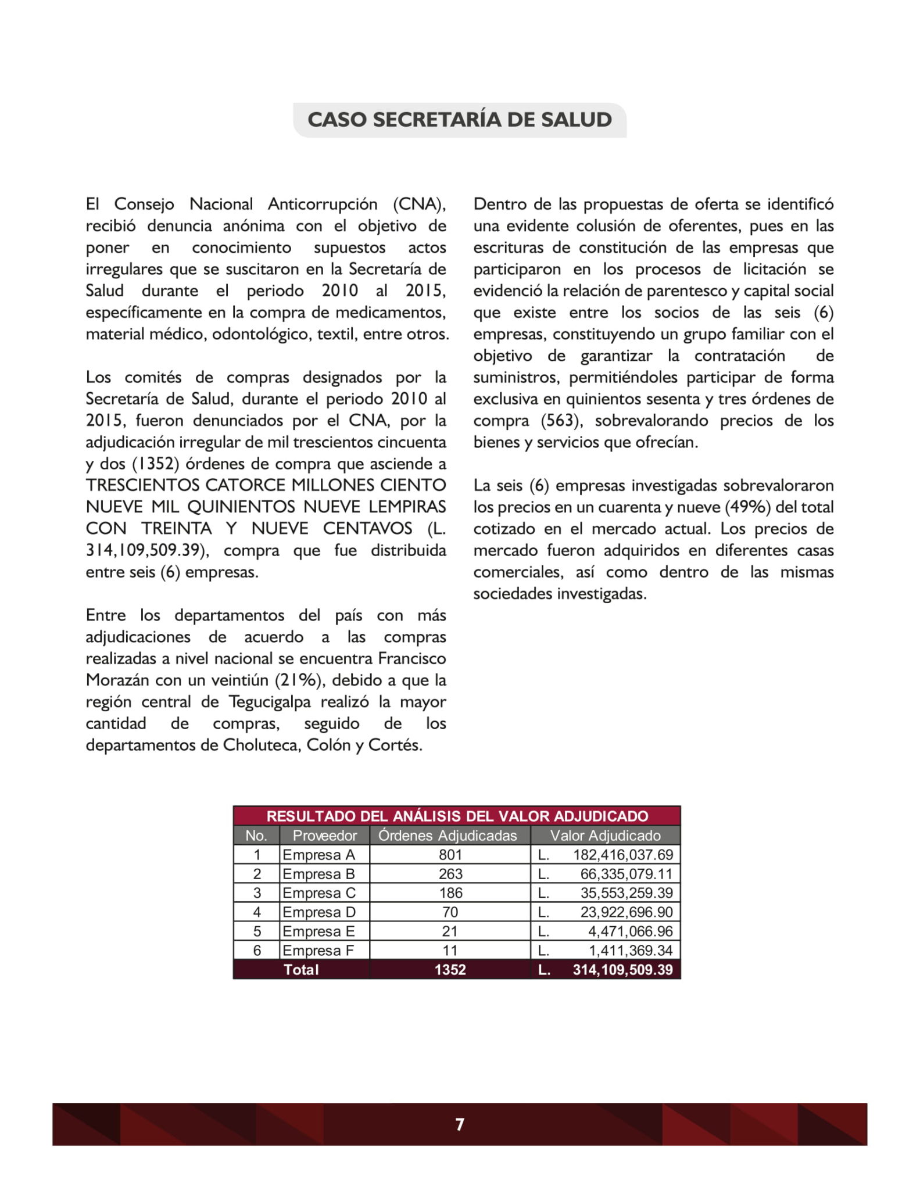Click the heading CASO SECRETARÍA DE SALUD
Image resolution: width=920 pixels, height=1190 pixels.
coord(459,120)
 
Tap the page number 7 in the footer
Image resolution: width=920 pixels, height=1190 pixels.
coord(460,1124)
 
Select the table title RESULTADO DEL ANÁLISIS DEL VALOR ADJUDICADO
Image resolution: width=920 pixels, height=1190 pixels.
coord(457,816)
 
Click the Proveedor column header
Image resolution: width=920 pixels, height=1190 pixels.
coord(324,836)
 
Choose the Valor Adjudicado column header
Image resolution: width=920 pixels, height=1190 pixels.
coord(605,836)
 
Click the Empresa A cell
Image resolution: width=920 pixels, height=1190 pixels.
coord(318,855)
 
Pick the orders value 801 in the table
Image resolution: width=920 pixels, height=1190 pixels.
coord(450,855)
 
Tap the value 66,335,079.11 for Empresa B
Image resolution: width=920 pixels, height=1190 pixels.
coord(626,874)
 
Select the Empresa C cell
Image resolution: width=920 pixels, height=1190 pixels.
coord(318,893)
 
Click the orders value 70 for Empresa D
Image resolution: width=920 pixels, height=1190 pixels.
coord(450,912)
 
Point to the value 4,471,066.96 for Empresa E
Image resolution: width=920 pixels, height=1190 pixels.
coord(630,931)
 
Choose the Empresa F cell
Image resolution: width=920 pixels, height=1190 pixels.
coord(317,951)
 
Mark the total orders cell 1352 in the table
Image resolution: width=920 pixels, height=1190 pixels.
coord(450,970)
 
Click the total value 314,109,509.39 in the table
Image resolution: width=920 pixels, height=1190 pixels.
coord(622,970)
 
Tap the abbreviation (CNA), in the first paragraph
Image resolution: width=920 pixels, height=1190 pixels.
coord(419,205)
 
